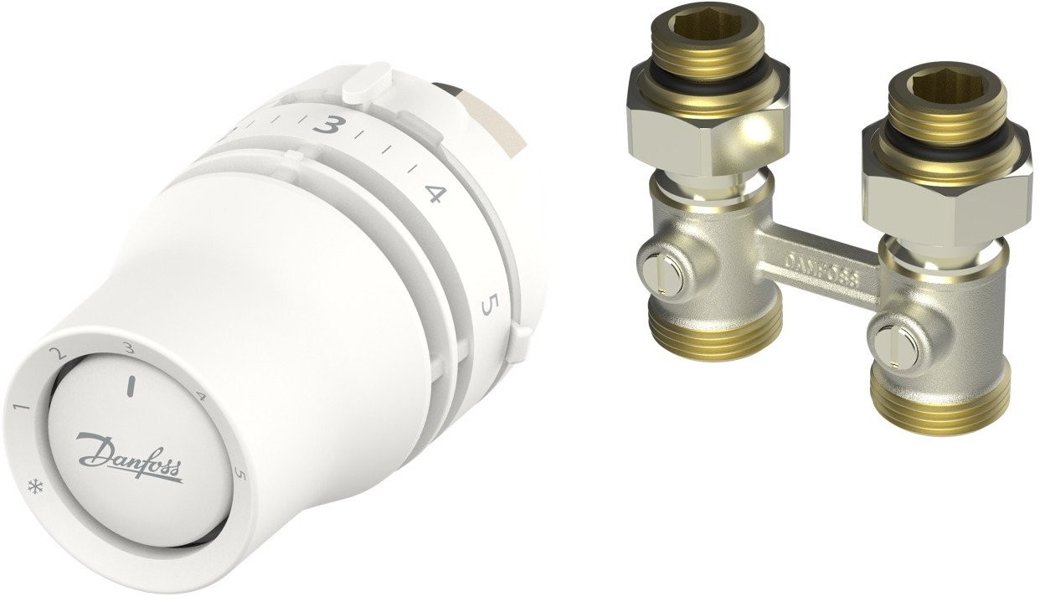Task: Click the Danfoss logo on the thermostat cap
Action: [x=129, y=457]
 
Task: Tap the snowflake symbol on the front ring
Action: [x=33, y=487]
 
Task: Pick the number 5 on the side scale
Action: [x=488, y=305]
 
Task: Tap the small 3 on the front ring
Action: [x=128, y=347]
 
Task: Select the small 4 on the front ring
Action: [x=201, y=396]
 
